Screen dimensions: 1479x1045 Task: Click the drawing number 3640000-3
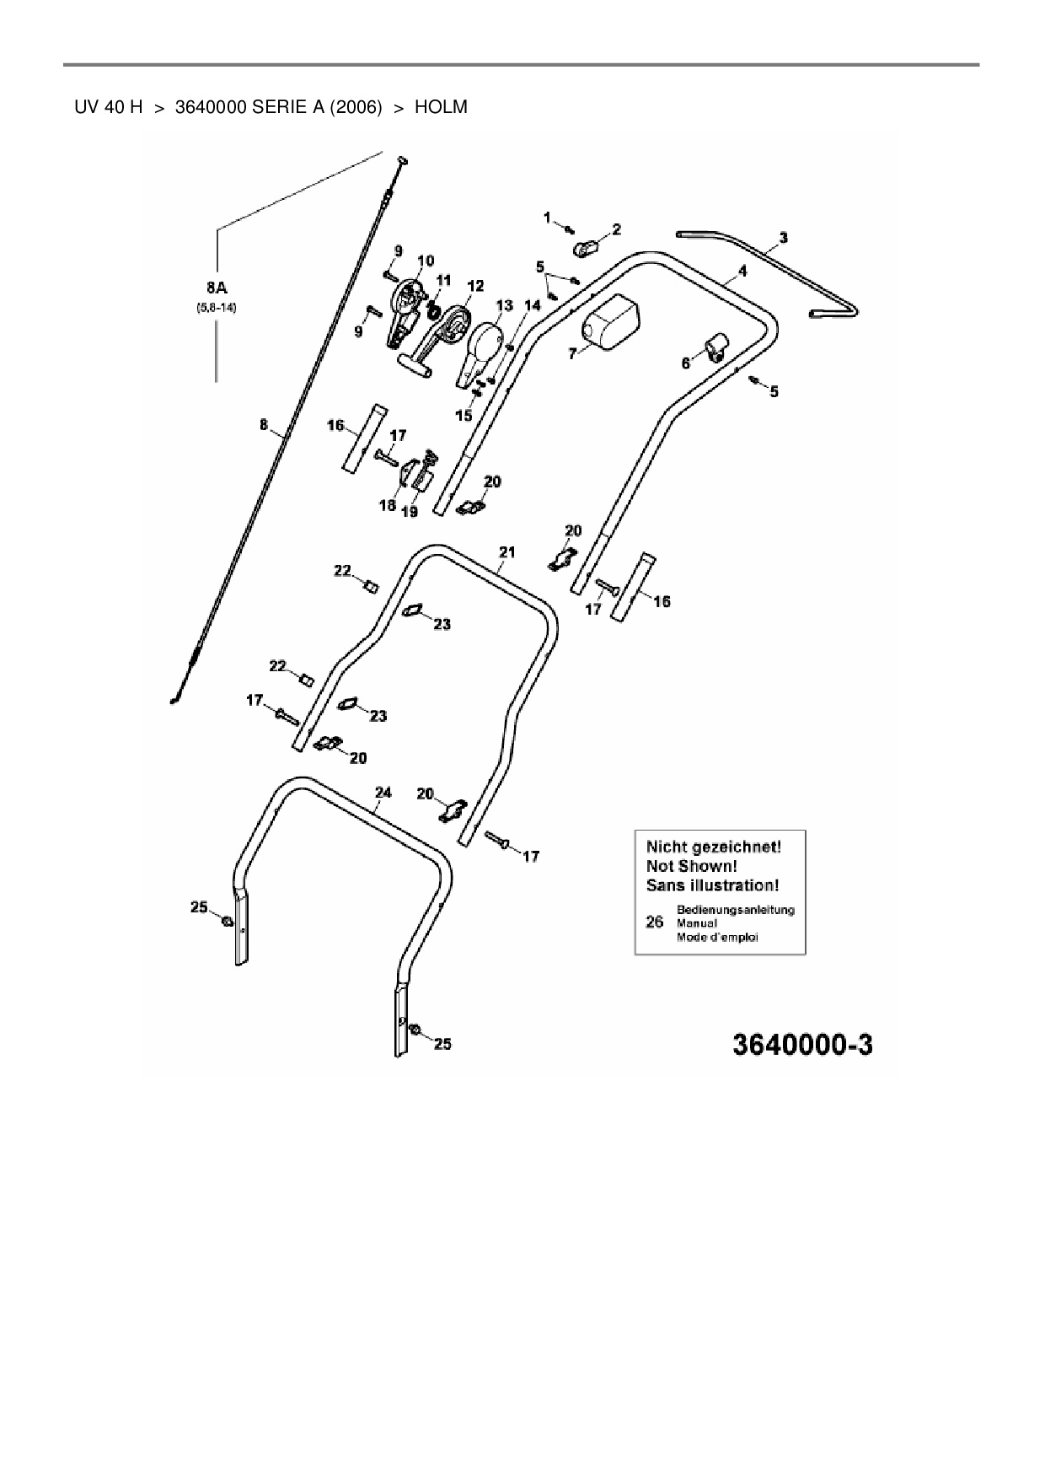[x=802, y=1045]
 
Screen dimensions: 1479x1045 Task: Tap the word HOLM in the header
[x=441, y=107]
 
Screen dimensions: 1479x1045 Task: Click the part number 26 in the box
[x=654, y=922]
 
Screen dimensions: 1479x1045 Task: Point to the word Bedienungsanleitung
[x=735, y=910]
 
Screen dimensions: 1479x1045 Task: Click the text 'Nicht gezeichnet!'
[x=713, y=846]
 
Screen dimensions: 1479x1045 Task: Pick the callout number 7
[x=573, y=354]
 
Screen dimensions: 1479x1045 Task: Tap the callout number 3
[x=783, y=238]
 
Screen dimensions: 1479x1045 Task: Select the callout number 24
[x=383, y=792]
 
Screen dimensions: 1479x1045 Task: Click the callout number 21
[x=506, y=552]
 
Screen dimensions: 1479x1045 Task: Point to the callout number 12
[x=475, y=287]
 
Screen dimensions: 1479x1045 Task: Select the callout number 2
[x=617, y=229]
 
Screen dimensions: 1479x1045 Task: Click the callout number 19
[x=409, y=511]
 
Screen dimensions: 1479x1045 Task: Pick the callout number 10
[x=425, y=261]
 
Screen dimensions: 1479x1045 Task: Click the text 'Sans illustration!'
[x=712, y=885]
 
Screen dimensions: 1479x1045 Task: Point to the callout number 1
[x=547, y=218]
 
